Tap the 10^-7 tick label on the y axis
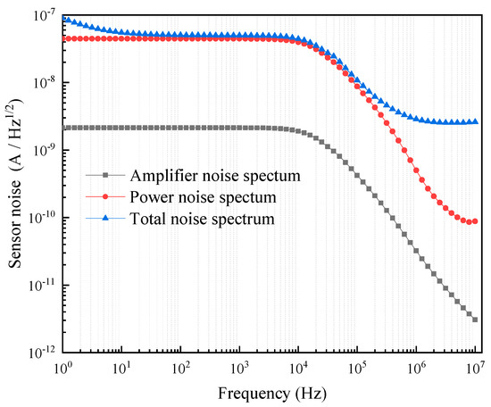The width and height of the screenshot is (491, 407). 41,15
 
